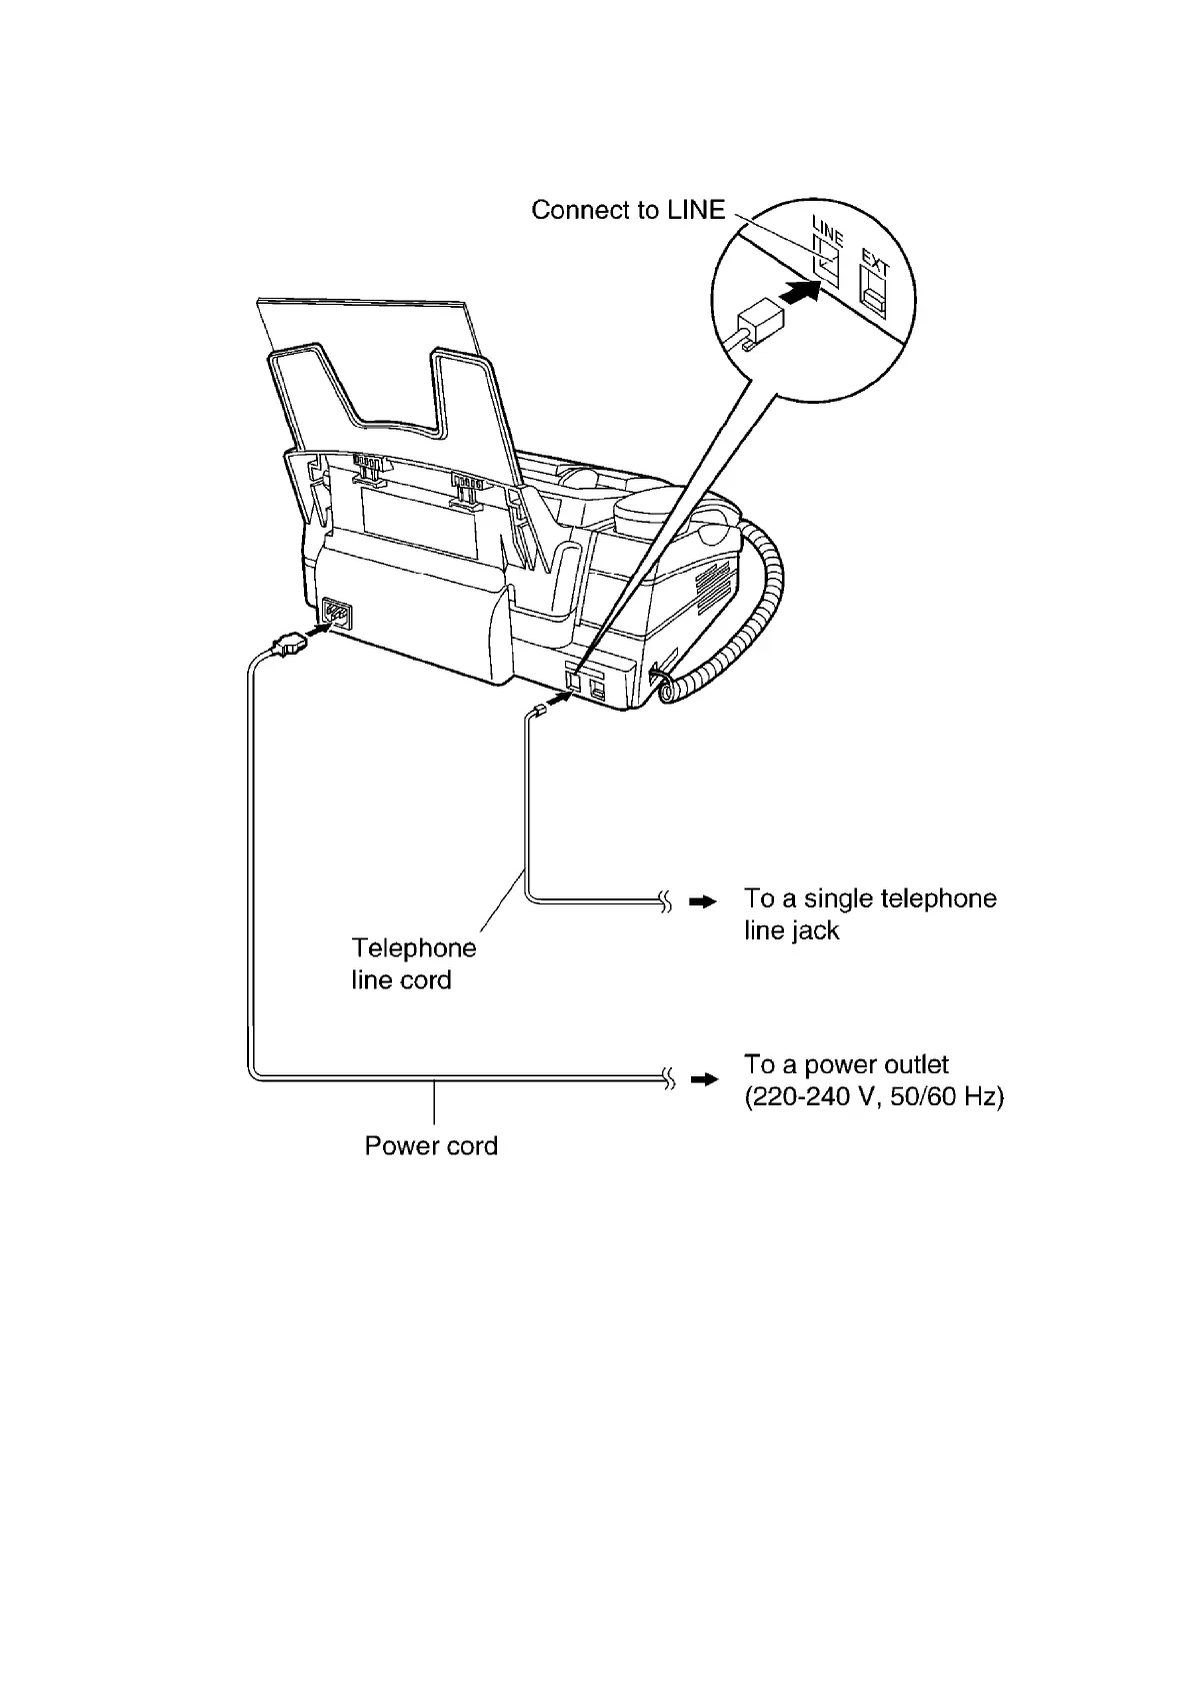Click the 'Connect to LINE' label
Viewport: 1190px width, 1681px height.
tap(628, 210)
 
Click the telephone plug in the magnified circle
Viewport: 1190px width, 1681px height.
tap(758, 323)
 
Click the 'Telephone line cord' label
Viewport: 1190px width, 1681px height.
tap(414, 963)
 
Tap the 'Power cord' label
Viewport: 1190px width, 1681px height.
tap(431, 1145)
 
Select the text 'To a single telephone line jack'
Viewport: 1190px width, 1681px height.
tap(869, 914)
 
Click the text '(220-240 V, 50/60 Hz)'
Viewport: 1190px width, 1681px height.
tap(874, 1097)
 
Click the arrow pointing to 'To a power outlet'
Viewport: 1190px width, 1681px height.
tap(704, 1079)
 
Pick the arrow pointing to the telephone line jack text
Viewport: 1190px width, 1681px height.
tap(704, 902)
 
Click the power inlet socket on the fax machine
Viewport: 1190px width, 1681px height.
tap(335, 614)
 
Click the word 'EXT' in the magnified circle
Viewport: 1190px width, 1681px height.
tap(875, 264)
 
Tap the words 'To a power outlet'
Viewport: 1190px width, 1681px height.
tap(846, 1064)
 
